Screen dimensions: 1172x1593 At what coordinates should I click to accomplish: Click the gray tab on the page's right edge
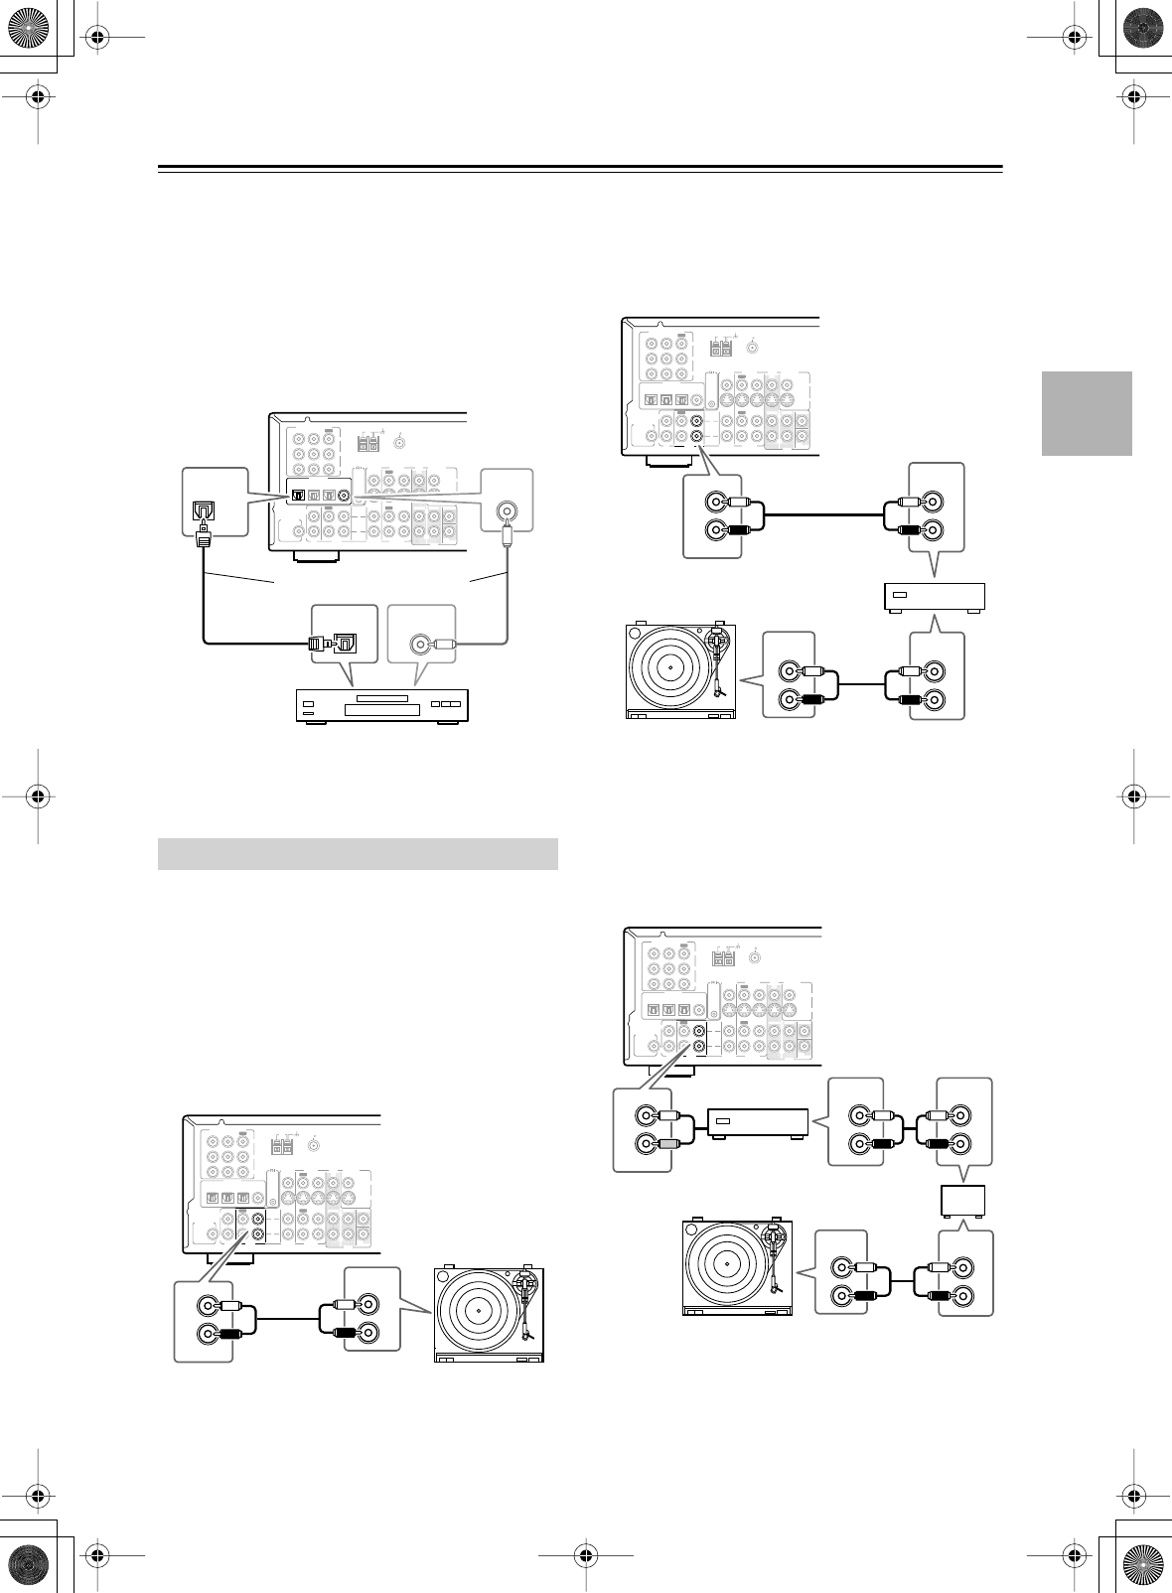1087,413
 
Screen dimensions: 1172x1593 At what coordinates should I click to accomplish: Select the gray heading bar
358,854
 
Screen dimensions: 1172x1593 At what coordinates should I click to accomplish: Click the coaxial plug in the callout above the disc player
440,644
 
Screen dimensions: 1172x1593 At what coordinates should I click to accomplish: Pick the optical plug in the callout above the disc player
319,643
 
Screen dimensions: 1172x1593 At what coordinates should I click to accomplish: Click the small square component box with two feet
963,1202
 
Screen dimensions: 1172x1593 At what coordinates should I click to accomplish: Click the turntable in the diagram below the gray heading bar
489,1316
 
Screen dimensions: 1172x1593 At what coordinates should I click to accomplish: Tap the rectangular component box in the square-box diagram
756,1123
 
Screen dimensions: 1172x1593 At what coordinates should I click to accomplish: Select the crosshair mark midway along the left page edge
37,796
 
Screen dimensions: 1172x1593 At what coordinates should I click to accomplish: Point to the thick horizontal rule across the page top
580,167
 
